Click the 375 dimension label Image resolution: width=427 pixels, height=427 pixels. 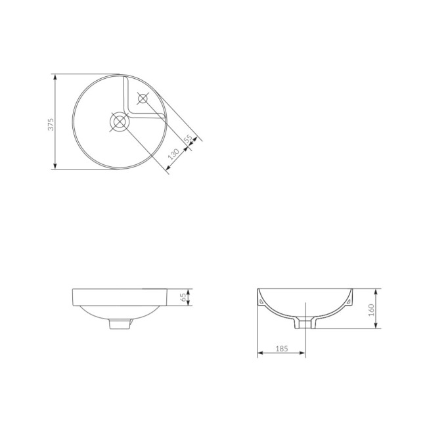click(x=51, y=124)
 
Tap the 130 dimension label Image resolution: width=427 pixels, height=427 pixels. click(x=173, y=154)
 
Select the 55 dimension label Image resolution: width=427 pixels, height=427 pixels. click(x=188, y=139)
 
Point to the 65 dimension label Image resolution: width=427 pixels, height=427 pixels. click(x=184, y=297)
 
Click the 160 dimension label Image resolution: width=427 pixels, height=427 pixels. click(x=371, y=310)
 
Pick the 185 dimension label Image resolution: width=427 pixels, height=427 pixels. click(x=282, y=349)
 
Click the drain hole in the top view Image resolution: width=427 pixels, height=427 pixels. click(x=120, y=122)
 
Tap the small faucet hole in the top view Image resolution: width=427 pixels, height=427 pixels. click(x=143, y=99)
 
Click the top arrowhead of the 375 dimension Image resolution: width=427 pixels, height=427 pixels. click(x=55, y=77)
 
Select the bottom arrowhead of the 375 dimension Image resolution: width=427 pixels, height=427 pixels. click(x=55, y=166)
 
